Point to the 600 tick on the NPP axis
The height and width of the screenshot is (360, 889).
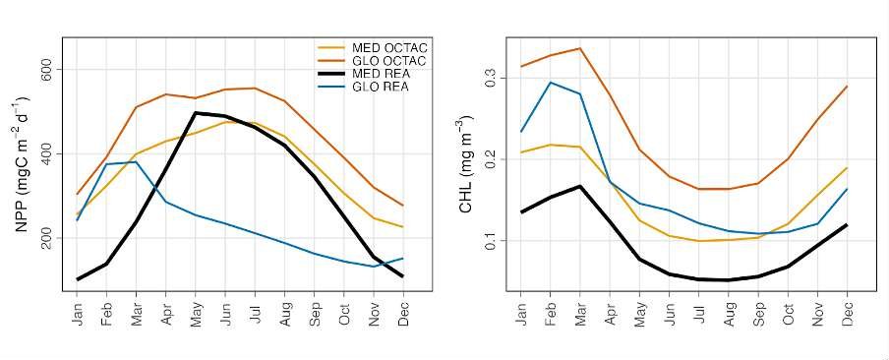[45, 70]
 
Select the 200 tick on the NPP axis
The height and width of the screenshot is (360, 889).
[45, 238]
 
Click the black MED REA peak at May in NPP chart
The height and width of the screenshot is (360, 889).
[196, 113]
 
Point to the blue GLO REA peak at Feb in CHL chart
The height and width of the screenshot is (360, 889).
[551, 83]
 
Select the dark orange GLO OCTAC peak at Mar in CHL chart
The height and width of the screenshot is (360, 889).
[580, 48]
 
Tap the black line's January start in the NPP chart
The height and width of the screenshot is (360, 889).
[77, 279]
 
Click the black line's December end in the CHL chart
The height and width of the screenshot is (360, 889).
[847, 225]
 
